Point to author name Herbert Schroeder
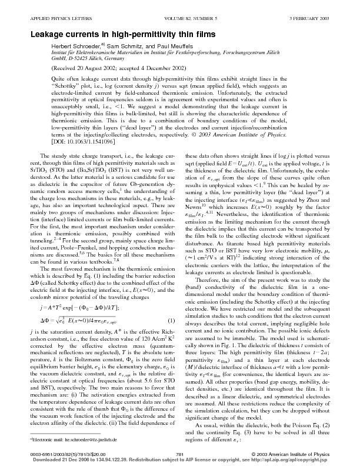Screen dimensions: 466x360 77,46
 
